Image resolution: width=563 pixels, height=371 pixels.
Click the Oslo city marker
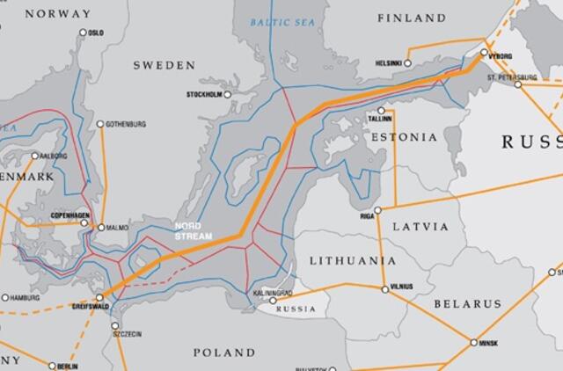tap(84, 33)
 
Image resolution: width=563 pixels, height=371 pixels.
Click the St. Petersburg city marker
tap(519, 84)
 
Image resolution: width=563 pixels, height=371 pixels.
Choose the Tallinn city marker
tap(383, 110)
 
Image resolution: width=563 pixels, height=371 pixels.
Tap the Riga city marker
tap(377, 210)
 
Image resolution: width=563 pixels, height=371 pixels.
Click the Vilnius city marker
tap(384, 288)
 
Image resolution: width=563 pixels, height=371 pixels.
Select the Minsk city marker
tap(474, 342)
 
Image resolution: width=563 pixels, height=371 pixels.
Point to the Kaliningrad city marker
tap(272, 300)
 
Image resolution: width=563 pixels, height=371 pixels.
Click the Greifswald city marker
tap(99, 297)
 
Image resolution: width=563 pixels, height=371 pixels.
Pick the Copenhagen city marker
tap(85, 222)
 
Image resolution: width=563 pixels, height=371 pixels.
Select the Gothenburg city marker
tap(100, 124)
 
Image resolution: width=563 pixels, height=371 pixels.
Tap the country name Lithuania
tap(353, 261)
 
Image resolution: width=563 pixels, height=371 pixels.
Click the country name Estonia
tap(403, 138)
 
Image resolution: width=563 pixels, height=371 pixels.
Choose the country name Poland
tap(224, 353)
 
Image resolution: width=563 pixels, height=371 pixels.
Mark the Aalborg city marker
tap(35, 156)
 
